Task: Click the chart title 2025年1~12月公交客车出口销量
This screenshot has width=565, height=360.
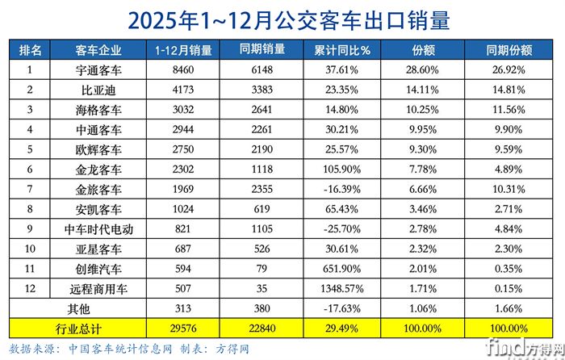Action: (x=282, y=18)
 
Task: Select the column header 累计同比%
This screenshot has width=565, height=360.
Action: (x=342, y=50)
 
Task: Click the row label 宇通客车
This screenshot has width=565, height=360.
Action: (x=98, y=70)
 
